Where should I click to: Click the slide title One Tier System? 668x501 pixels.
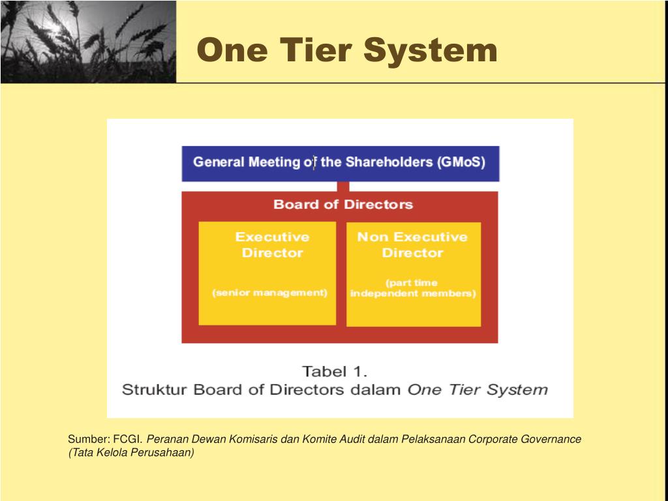coord(347,50)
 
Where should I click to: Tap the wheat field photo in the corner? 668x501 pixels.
coord(88,42)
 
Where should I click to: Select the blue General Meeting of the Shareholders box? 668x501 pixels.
coord(340,162)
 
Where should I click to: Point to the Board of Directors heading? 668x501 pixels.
coord(343,204)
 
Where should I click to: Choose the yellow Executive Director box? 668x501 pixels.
coord(267,273)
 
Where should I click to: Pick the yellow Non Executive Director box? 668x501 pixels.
coord(413,275)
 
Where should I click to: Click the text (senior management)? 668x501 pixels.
coord(270,293)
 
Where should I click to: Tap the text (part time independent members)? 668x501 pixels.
coord(413,288)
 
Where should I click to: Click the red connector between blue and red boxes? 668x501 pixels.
coord(343,186)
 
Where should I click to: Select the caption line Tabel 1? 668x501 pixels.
coord(335,372)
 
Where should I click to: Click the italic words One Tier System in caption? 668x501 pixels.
coord(478,390)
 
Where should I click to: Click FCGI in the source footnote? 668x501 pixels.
coord(128,439)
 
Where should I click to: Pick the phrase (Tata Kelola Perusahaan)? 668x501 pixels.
coord(131,452)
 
